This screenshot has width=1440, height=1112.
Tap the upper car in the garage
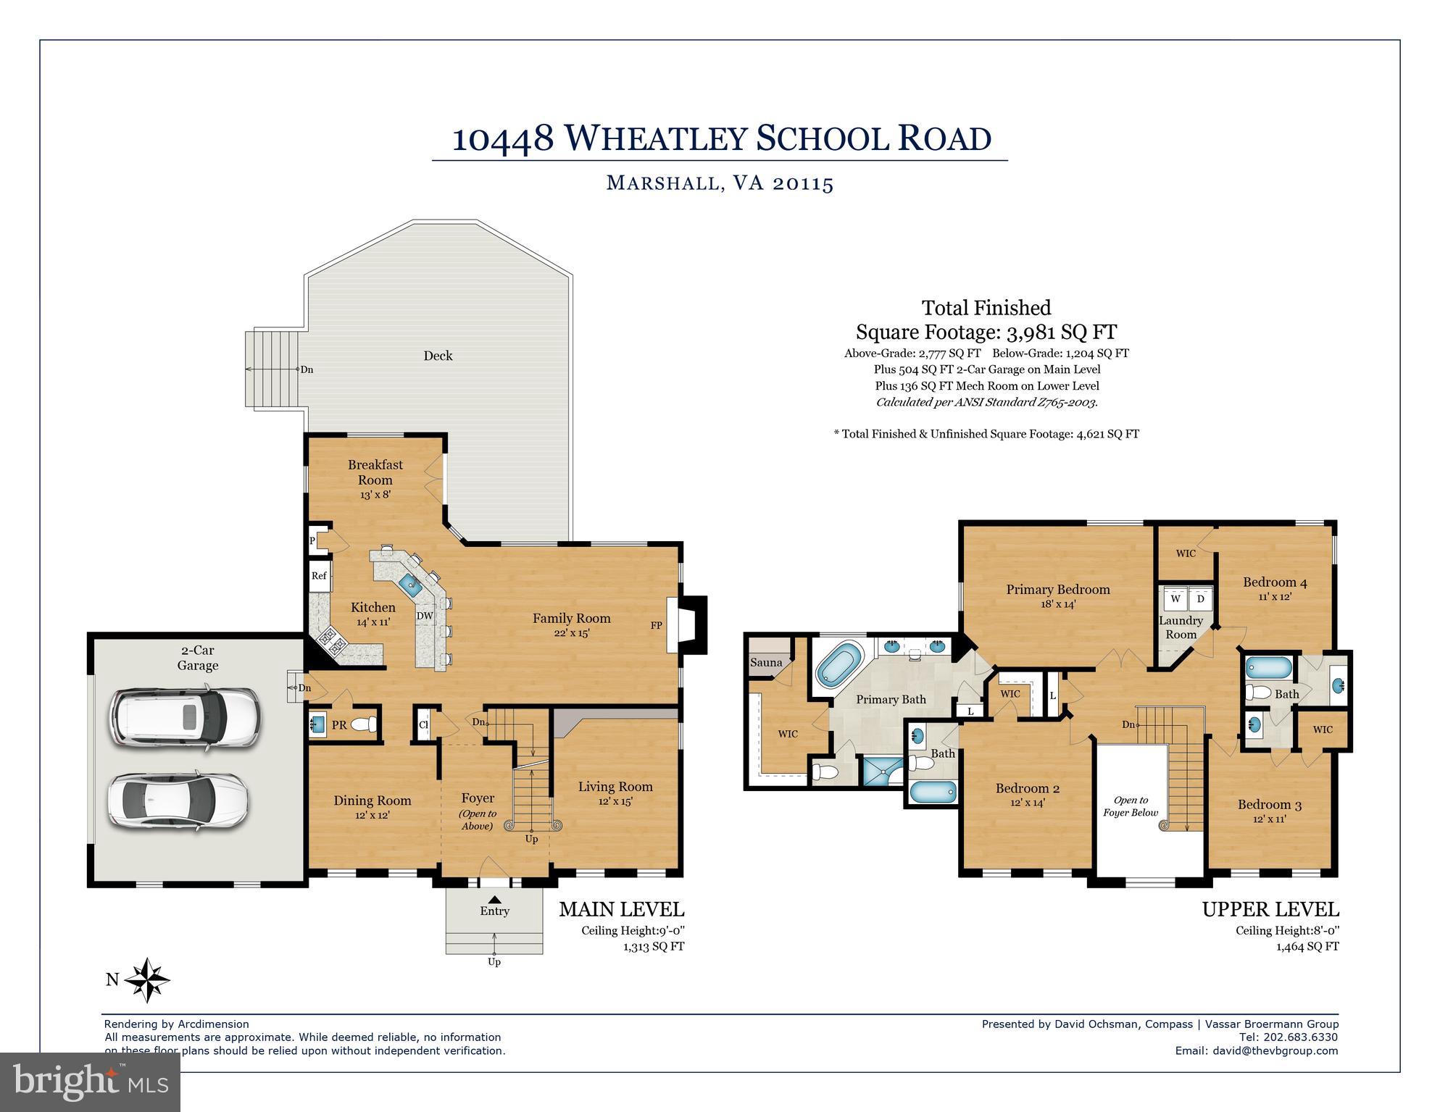tap(185, 717)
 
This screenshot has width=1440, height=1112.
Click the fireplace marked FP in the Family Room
tap(685, 625)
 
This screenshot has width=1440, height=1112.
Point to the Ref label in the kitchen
tap(319, 576)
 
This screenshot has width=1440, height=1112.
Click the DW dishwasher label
tap(425, 616)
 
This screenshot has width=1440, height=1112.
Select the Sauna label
tap(766, 662)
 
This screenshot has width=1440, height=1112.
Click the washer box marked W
tap(1175, 599)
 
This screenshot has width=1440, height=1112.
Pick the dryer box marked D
tap(1200, 599)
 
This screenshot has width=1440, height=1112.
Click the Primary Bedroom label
tap(1057, 589)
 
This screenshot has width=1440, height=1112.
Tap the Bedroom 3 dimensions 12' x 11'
tap(1269, 819)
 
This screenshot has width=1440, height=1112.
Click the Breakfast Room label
tap(375, 472)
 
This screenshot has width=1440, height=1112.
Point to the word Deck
tap(438, 356)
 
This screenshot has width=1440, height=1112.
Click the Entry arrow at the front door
tap(494, 900)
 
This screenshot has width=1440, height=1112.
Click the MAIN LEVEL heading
tap(621, 909)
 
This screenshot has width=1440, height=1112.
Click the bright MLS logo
tap(91, 1082)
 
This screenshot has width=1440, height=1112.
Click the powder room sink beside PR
tap(317, 724)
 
